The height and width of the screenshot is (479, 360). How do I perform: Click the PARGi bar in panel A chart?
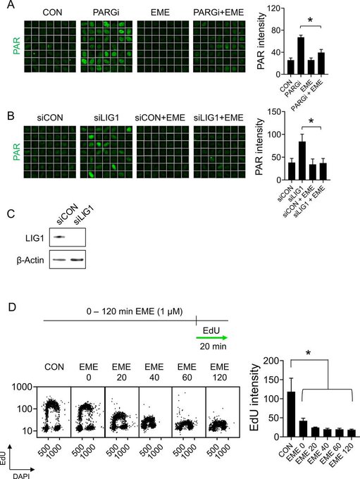[x=301, y=56]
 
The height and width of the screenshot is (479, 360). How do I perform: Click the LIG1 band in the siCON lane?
[x=58, y=237]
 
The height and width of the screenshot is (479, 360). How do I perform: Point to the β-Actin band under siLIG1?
[x=77, y=260]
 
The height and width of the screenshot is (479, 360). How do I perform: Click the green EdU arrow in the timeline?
[x=212, y=337]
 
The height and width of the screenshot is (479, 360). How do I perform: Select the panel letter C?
[x=11, y=214]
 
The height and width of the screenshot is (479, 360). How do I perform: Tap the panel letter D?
[x=11, y=307]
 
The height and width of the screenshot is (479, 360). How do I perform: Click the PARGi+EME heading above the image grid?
[x=218, y=12]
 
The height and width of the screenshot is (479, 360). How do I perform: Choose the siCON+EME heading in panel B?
[x=160, y=118]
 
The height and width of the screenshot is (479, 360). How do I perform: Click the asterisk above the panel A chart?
[x=310, y=20]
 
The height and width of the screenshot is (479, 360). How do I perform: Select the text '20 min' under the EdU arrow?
[x=213, y=347]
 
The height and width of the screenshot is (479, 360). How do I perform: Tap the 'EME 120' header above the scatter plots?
[x=220, y=372]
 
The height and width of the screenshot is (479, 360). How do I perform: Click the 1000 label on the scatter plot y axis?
[x=22, y=387]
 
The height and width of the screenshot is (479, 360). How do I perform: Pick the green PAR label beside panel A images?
[x=16, y=46]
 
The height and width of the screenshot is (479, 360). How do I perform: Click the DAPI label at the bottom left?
[x=21, y=475]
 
